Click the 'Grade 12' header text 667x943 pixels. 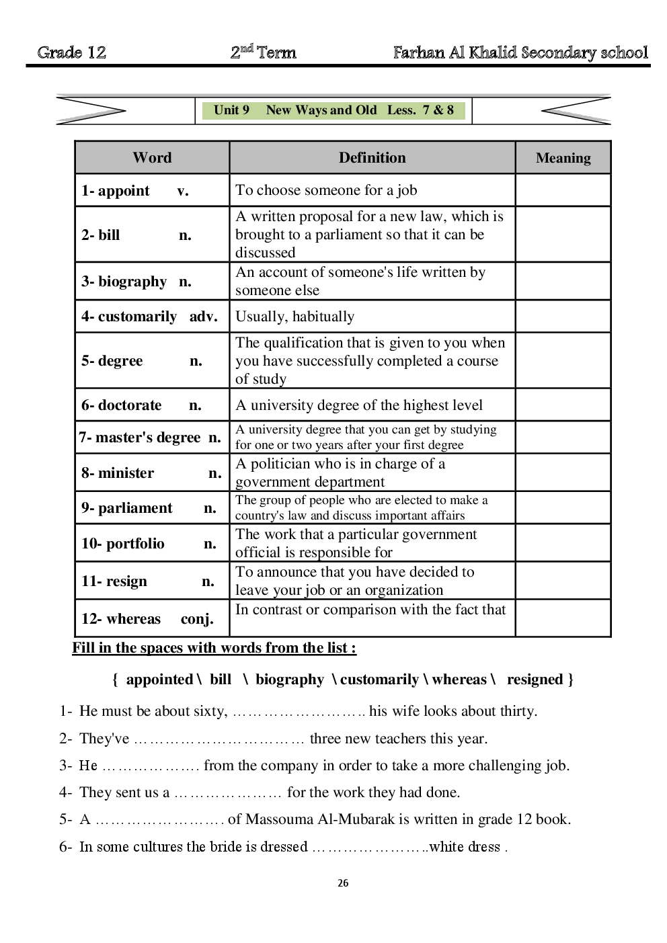(x=72, y=52)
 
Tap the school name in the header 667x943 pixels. (x=520, y=52)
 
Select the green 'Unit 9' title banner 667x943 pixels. (x=333, y=110)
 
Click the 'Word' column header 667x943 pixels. (x=152, y=158)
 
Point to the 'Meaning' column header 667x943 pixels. (x=563, y=158)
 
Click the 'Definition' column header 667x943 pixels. (x=372, y=158)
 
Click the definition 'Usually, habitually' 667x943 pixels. (x=295, y=317)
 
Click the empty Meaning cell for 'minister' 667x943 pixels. (x=563, y=473)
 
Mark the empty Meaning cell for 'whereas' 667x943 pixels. (x=563, y=618)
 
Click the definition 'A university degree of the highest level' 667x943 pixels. (x=359, y=405)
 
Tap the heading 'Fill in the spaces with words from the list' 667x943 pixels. (x=214, y=648)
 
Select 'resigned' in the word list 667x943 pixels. (x=535, y=680)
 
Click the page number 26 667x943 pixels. (x=343, y=883)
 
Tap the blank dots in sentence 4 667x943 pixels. (x=228, y=794)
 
